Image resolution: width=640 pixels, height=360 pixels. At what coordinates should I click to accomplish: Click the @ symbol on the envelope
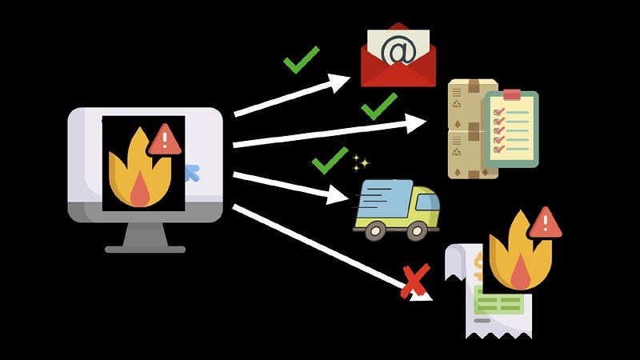398,50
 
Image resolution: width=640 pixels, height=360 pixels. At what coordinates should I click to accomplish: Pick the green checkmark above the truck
330,159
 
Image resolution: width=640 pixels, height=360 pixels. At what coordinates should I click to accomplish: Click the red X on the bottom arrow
414,281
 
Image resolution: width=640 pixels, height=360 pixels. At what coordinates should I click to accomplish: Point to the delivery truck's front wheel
417,230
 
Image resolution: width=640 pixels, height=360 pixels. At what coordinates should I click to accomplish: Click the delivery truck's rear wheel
374,230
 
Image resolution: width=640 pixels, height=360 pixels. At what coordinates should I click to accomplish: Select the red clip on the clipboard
512,94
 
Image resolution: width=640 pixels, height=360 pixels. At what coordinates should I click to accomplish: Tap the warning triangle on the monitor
165,140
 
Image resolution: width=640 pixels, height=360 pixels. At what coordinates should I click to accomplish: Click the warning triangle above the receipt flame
545,223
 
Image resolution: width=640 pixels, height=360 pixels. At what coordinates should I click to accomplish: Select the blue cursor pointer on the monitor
191,171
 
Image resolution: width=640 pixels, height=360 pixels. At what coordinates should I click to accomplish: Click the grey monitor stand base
145,249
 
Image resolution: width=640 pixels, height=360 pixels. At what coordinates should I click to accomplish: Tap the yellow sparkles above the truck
361,164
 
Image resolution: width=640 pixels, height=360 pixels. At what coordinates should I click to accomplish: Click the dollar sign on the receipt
478,264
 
